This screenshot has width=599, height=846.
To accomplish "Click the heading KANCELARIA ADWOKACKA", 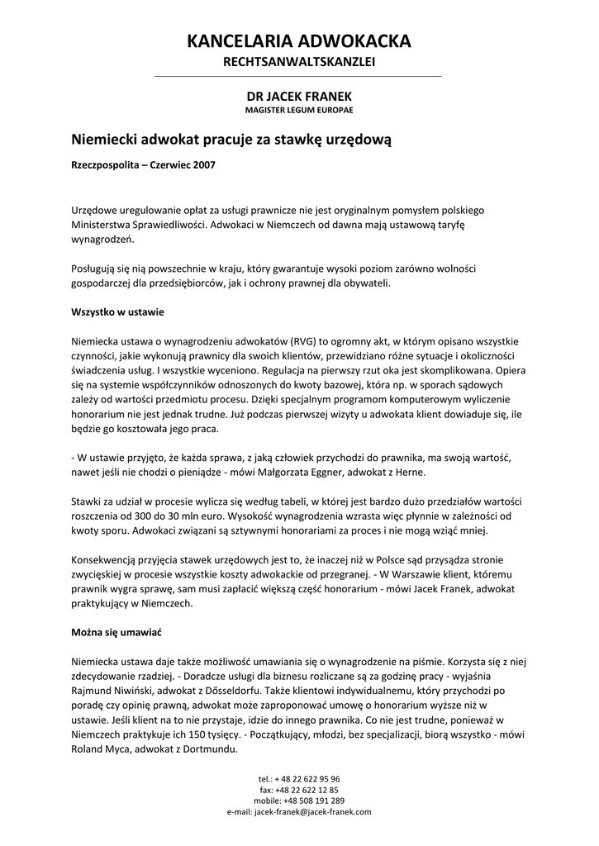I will coord(299,40).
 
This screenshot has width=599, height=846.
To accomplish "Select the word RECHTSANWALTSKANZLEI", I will coord(299,63).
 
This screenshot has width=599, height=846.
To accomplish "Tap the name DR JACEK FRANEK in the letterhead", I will coord(299,97).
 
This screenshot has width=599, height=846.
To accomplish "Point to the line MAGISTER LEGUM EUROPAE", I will coord(299,110).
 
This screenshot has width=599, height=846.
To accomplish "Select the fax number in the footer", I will coord(299,789).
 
